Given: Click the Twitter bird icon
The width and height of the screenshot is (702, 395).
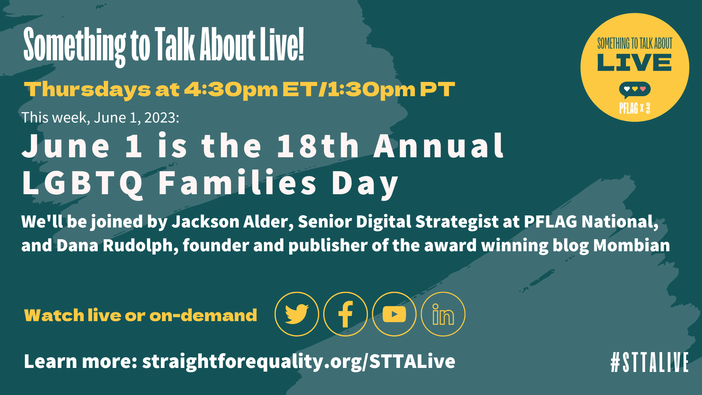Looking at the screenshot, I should point(297,314).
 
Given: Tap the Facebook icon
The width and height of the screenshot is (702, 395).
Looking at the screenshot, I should point(346,314).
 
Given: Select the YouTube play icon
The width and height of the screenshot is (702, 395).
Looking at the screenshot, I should point(394,314).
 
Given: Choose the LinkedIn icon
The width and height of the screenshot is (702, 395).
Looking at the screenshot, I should point(443,314).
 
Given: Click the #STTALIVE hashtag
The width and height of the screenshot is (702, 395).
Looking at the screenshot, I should point(649,362).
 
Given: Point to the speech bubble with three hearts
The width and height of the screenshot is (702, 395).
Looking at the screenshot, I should point(634,90).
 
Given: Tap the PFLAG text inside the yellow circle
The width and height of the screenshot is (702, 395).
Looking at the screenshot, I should point(628,108).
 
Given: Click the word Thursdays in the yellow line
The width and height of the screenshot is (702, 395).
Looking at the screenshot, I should point(87,90).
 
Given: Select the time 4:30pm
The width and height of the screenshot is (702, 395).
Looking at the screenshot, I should point(231,90).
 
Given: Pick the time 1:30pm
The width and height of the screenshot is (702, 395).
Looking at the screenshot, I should point(371,90).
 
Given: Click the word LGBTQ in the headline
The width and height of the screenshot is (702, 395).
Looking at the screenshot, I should point(83,183).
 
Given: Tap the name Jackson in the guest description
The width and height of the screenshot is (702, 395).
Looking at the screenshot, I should point(205,222).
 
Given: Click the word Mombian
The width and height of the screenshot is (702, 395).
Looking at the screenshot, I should point(631,245).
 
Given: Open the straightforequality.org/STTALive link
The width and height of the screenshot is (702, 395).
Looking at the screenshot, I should point(298,361).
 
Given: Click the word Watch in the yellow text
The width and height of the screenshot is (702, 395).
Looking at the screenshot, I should point(54,315).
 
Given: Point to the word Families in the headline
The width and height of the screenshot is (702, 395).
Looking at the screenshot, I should point(238,183).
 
